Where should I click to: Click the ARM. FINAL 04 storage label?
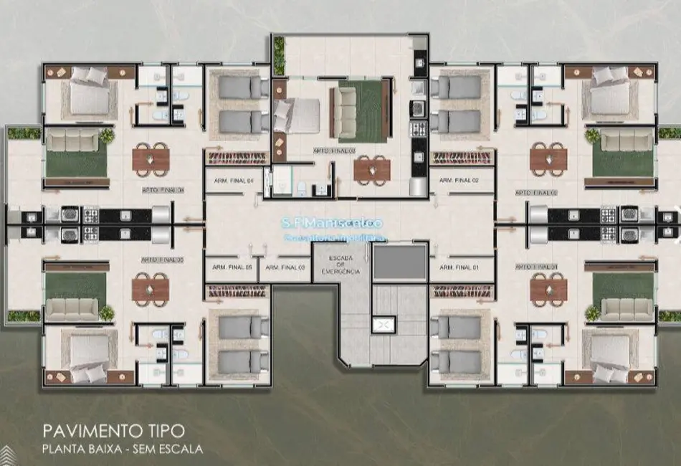pos(234,181)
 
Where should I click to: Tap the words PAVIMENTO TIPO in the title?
pos(113,430)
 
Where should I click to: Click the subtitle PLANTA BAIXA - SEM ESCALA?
pos(123,450)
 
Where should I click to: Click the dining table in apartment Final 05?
pos(151,289)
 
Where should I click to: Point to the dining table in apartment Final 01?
pos(548,289)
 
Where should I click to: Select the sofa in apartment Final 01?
pos(627,308)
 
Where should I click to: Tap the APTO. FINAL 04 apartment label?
pos(163,191)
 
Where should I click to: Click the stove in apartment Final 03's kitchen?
pos(418,130)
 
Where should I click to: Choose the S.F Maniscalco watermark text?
pos(335,224)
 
